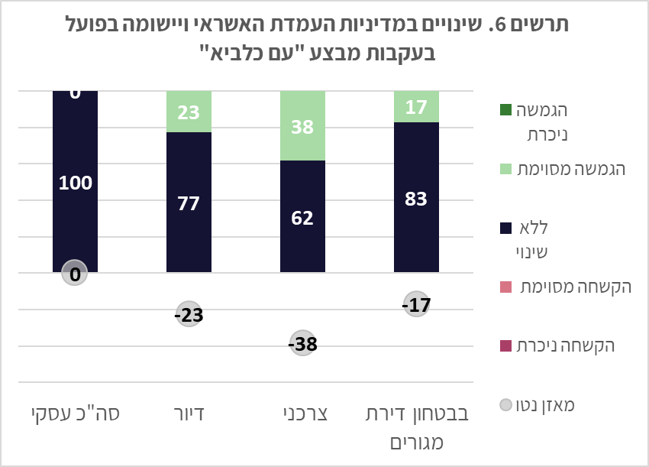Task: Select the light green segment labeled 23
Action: pos(189,112)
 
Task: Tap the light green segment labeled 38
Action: pos(302,126)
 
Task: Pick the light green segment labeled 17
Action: pos(416,107)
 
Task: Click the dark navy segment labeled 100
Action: pos(75,183)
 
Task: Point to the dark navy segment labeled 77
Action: pos(189,203)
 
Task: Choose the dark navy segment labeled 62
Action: pos(302,216)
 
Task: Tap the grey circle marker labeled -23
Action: pos(189,315)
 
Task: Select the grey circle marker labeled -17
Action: pos(416,305)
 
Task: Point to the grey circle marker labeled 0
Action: pos(75,273)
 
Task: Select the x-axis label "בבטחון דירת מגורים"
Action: pos(416,428)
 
